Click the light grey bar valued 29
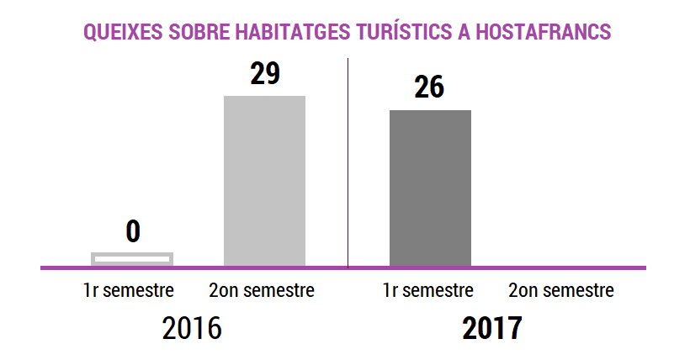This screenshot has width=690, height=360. [264, 180]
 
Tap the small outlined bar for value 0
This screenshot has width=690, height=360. [132, 258]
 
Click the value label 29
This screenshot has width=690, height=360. [264, 74]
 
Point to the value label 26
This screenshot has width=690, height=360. [429, 87]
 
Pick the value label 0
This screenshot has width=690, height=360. [132, 230]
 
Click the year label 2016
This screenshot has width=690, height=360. [192, 328]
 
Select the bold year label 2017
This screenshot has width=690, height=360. [492, 328]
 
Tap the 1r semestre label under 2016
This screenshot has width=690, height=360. [129, 291]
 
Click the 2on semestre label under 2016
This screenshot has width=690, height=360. [262, 291]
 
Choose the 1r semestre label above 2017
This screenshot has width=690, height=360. [428, 291]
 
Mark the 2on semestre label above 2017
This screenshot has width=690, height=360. [561, 291]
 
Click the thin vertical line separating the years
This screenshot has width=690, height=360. [348, 160]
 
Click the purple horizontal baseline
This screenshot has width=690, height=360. [547, 268]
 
